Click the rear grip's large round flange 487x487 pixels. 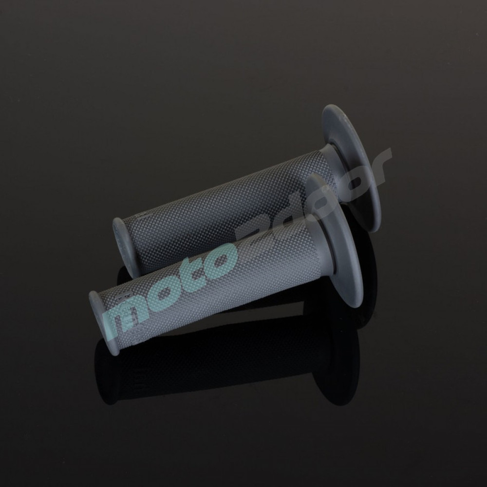[x=351, y=168]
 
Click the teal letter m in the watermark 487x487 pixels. [x=131, y=317]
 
